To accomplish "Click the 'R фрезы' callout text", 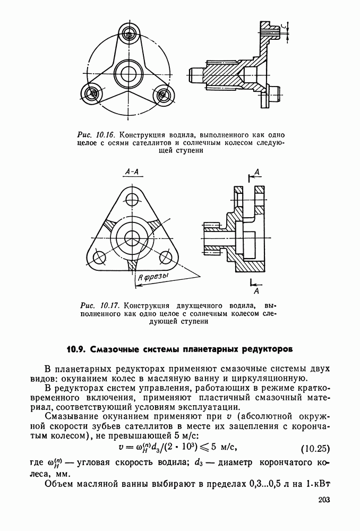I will coord(153,277).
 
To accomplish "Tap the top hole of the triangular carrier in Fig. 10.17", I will coord(130,200).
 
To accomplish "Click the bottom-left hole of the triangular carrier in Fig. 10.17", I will coord(99,259).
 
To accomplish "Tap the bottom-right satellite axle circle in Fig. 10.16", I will coord(163,95).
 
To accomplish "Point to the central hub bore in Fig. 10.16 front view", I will coord(128,71).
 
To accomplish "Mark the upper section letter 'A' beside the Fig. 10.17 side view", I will coord(257,172).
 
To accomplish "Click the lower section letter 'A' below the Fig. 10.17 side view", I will coord(256,292).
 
